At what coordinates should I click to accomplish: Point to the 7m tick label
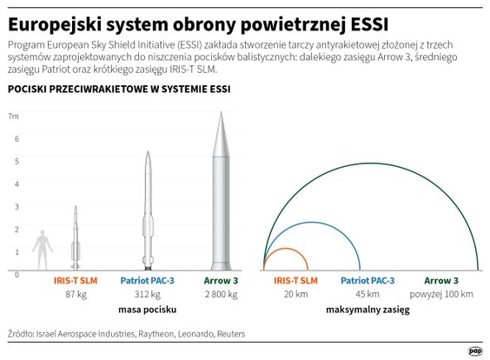pyautogui.click(x=12, y=116)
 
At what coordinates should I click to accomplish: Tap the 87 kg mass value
pyautogui.click(x=76, y=295)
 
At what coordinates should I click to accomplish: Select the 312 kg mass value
pyautogui.click(x=149, y=295)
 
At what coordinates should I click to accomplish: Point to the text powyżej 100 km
pyautogui.click(x=440, y=295)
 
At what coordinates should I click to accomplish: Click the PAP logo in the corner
pyautogui.click(x=474, y=350)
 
